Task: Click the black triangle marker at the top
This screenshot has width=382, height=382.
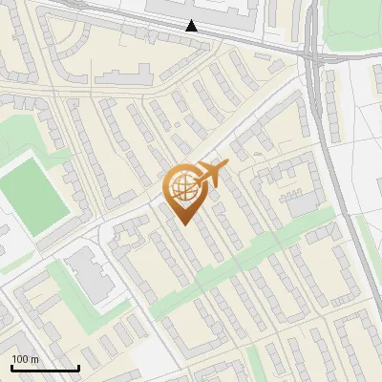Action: [192, 26]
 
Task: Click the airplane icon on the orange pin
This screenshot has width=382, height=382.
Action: [209, 174]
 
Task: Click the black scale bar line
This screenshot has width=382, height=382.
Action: [45, 368]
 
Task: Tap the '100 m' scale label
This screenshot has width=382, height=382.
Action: [25, 359]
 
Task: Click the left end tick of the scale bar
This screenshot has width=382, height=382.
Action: [11, 367]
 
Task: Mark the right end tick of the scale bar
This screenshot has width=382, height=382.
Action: [78, 367]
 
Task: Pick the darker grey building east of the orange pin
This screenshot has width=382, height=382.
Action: [303, 203]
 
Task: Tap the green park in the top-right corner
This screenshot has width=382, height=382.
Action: [353, 24]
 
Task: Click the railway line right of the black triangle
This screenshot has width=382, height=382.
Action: [258, 43]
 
